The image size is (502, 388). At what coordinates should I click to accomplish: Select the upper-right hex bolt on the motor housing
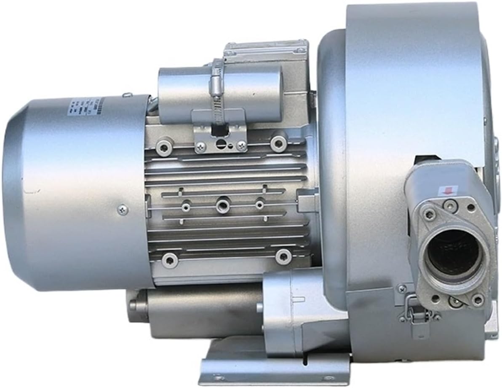coord(278,142)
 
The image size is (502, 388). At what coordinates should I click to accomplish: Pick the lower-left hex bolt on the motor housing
coord(169,258)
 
